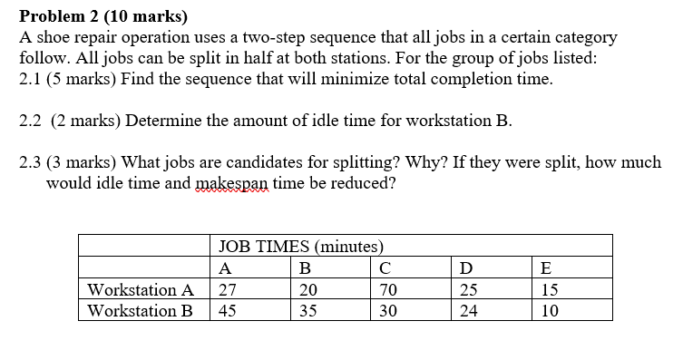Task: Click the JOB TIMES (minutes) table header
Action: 301,246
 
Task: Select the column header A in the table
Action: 225,268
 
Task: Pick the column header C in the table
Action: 385,268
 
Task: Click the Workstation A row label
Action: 141,289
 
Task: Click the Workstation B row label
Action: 141,310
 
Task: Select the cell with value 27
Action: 229,289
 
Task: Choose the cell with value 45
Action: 229,310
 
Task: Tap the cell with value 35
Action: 308,310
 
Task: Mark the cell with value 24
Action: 469,310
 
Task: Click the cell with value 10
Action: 549,310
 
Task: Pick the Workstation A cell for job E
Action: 549,289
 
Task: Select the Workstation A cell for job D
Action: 469,289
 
